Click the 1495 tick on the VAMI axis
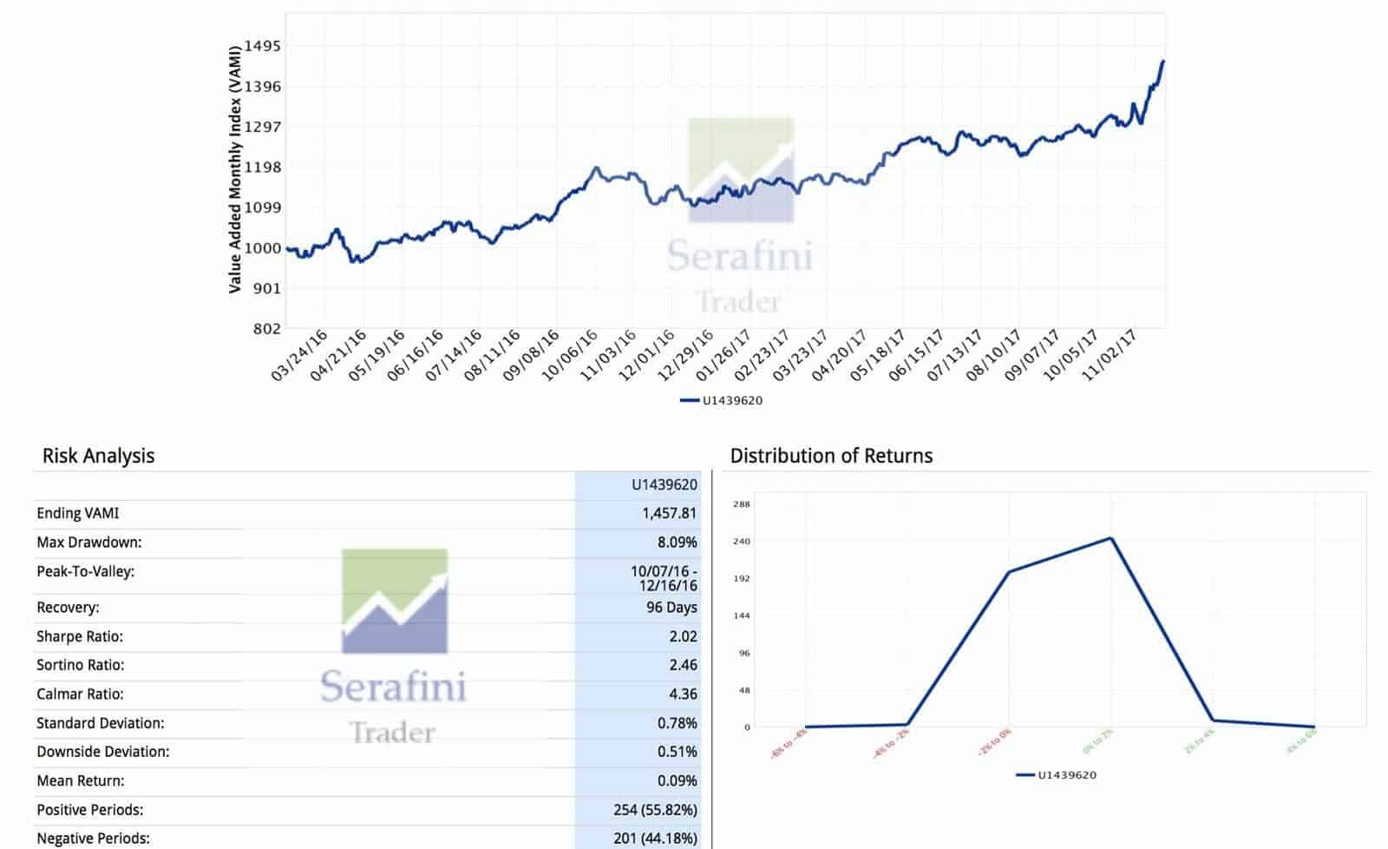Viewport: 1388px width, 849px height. click(262, 46)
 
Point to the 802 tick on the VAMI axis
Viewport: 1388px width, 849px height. click(265, 328)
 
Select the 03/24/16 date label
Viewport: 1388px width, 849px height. click(300, 356)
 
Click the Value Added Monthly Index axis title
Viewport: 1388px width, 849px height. click(235, 169)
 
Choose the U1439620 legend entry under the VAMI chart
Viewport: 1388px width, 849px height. click(722, 400)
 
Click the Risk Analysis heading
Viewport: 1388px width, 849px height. click(98, 456)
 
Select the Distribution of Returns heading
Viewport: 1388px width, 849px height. click(831, 456)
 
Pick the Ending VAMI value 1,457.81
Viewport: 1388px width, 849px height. click(669, 513)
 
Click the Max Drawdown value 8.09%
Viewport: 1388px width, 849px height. click(677, 543)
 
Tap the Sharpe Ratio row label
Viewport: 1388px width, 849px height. click(80, 636)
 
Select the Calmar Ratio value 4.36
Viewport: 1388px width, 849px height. click(683, 694)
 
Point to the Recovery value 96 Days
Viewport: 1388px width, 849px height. click(671, 608)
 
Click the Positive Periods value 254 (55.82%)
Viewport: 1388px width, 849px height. click(655, 810)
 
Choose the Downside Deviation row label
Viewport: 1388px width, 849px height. click(102, 752)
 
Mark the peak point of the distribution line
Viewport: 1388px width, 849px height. click(1111, 538)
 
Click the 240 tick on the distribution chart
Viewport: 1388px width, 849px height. click(742, 541)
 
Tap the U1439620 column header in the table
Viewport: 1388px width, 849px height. click(664, 484)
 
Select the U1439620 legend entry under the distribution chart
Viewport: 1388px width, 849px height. click(1057, 774)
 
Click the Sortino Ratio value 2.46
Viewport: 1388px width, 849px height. click(683, 665)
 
